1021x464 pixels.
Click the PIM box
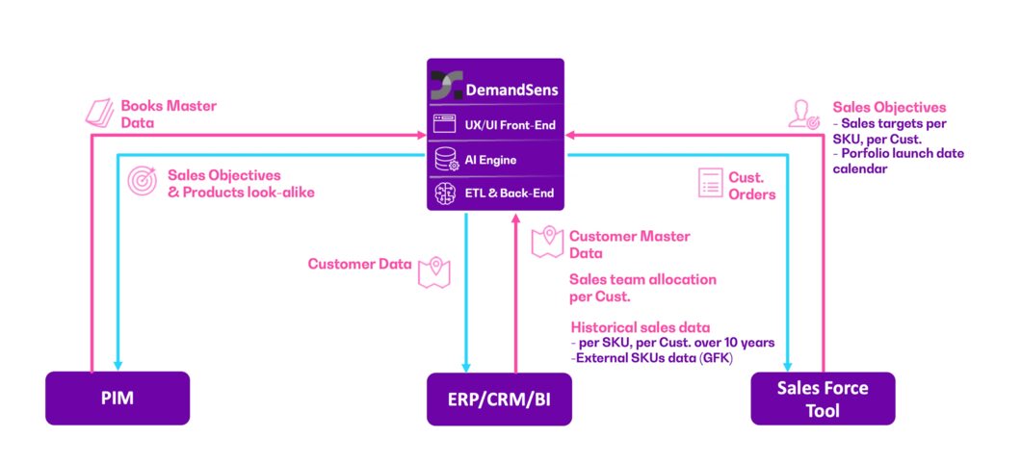click(x=117, y=399)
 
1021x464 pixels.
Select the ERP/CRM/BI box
click(x=500, y=399)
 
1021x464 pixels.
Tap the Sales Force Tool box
click(x=822, y=399)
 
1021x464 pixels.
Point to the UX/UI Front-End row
click(x=496, y=124)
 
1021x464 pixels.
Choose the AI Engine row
click(x=496, y=161)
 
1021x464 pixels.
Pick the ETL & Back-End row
click(x=496, y=192)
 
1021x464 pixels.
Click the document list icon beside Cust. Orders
click(x=712, y=183)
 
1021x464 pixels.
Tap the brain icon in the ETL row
click(x=445, y=192)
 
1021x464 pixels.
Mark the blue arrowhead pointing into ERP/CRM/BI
click(x=466, y=366)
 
